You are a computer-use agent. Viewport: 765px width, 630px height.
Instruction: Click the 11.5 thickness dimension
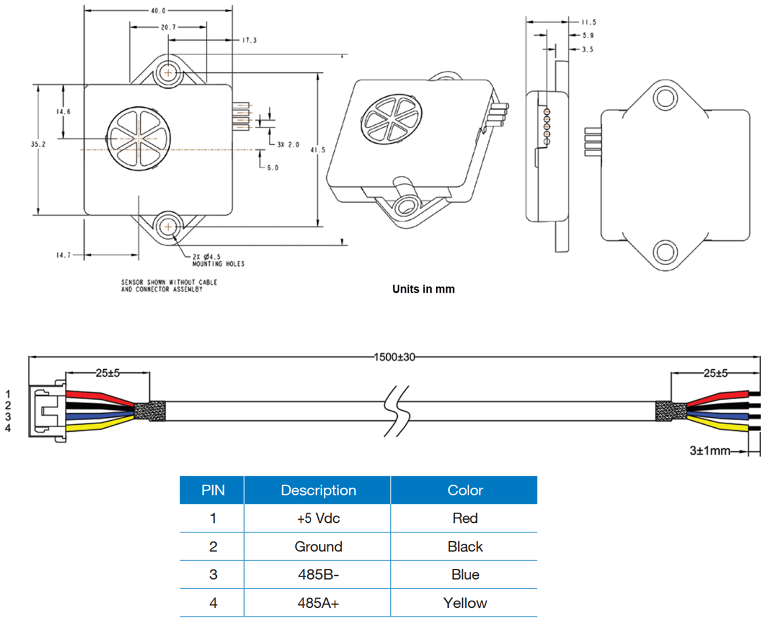[x=588, y=22]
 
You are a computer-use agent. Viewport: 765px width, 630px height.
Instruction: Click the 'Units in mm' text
[x=423, y=289]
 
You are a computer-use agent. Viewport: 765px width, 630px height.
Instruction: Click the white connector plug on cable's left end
[x=46, y=409]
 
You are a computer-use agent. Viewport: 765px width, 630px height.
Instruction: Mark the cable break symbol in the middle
[x=395, y=411]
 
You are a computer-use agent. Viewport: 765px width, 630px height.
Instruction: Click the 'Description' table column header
[x=318, y=490]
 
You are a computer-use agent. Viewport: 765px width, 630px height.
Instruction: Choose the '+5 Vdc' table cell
[x=318, y=518]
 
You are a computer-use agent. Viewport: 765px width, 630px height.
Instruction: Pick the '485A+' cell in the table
[x=318, y=603]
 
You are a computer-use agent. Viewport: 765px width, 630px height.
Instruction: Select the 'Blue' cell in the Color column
[x=465, y=575]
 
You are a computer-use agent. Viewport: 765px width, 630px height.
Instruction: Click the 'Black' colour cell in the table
[x=465, y=546]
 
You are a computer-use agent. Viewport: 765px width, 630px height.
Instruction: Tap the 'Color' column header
[x=465, y=490]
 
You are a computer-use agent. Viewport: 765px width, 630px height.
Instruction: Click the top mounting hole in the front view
[x=169, y=72]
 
